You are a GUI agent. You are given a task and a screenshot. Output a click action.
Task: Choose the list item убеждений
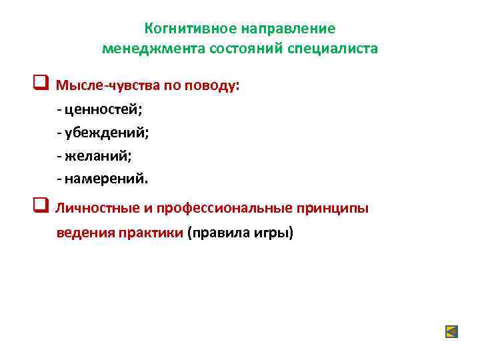pyautogui.click(x=107, y=133)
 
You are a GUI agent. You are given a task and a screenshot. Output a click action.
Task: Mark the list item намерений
pyautogui.click(x=107, y=179)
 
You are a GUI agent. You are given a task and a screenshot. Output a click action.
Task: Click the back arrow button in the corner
pyautogui.click(x=451, y=331)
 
